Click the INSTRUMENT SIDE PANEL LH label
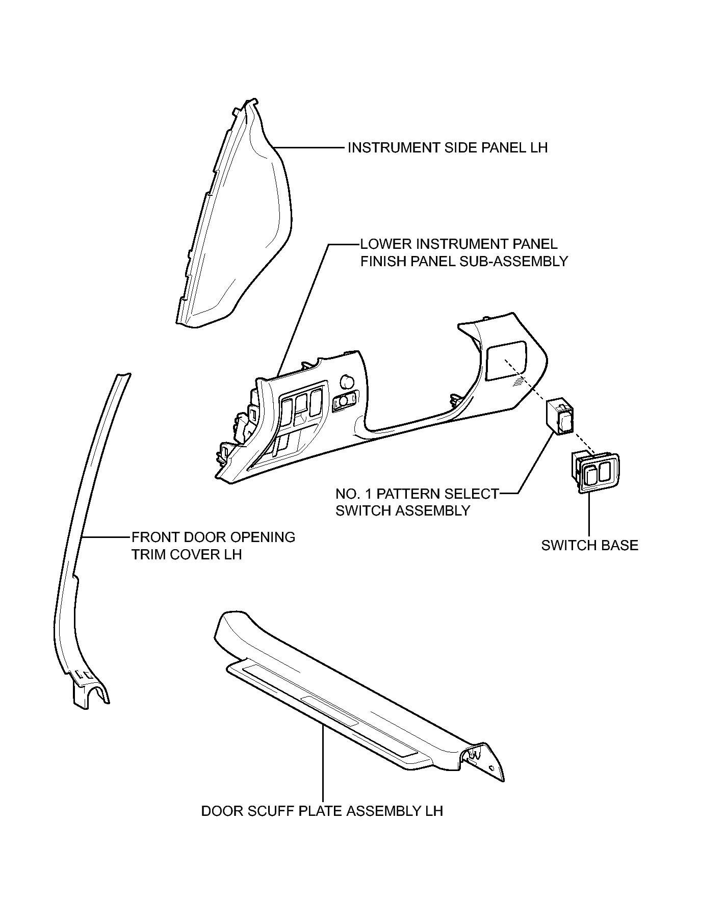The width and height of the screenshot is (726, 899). (447, 148)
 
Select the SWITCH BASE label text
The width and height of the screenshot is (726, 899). (589, 546)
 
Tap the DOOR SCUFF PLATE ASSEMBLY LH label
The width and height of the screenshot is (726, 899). (322, 811)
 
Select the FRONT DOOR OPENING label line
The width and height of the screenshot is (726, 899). (213, 537)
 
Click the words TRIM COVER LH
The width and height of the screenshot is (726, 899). (187, 554)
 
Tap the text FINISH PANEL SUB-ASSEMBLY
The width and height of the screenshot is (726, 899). (464, 261)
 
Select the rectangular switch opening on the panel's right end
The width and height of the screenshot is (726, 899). (506, 360)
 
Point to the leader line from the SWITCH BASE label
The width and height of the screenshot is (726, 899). (589, 515)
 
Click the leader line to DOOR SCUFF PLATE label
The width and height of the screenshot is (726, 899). (323, 765)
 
